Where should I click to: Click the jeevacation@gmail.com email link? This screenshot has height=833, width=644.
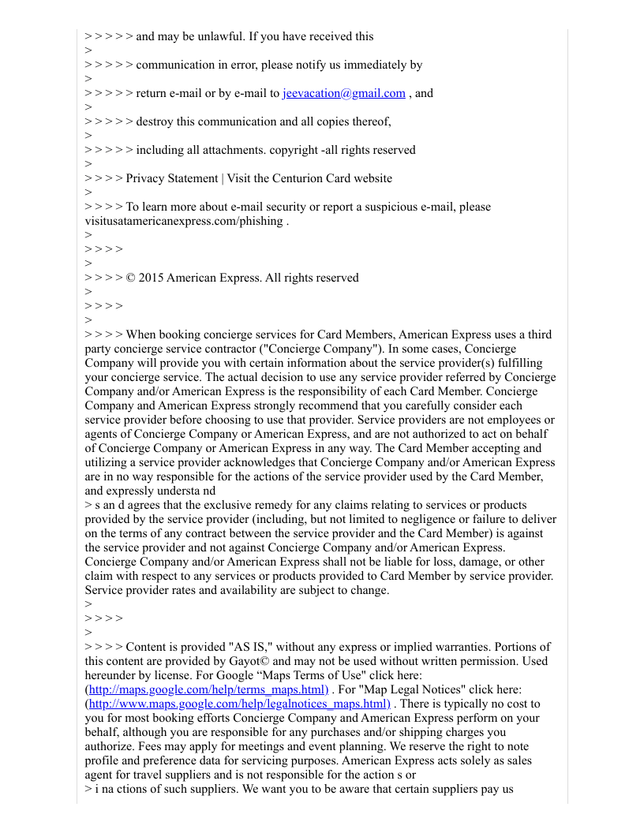343,93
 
